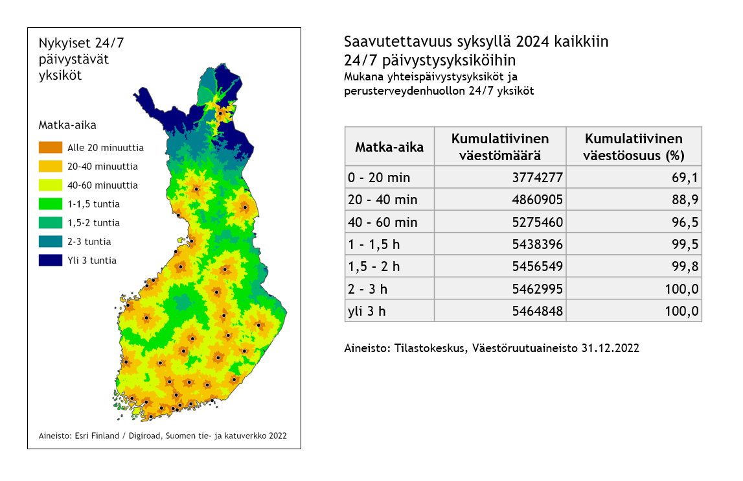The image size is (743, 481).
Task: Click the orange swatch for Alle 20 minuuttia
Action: point(51,148)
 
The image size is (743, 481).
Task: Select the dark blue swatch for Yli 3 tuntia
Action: point(51,261)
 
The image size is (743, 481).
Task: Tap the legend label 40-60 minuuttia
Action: point(102,185)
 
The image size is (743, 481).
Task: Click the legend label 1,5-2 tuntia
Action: point(93,223)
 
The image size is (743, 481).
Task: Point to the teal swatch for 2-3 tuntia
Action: point(51,242)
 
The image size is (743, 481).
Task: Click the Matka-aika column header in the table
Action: point(389,147)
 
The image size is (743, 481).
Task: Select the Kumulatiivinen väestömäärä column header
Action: point(499,147)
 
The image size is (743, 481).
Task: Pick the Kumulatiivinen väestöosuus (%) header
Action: point(633,147)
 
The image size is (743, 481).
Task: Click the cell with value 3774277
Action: point(537,178)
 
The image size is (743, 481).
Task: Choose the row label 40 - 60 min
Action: point(383,222)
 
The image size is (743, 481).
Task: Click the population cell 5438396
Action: point(537,244)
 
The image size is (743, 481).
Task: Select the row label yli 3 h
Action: point(367,311)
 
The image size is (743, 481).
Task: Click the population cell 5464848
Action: point(537,311)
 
